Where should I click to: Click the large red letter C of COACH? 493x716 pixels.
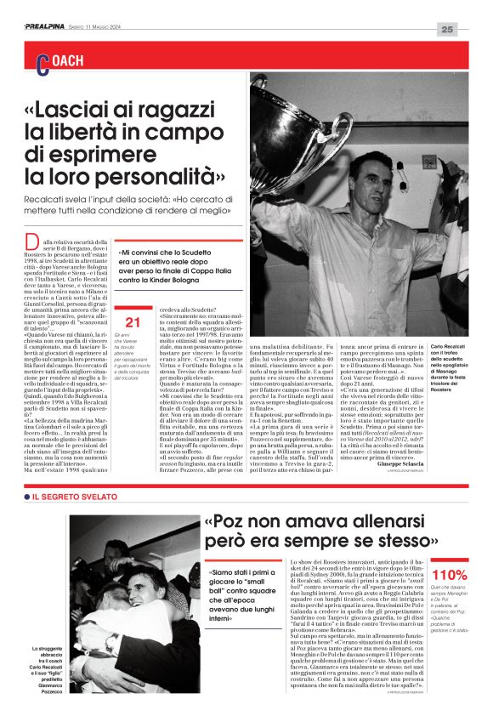[x=42, y=61]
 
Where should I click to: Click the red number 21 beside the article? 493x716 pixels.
[x=132, y=321]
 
